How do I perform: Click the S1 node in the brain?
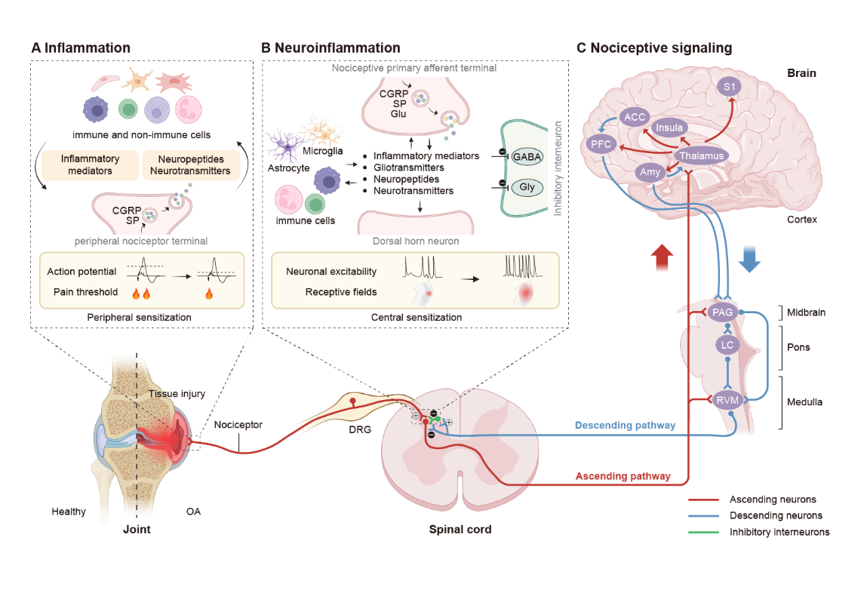[729, 87]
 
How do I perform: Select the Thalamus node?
[701, 156]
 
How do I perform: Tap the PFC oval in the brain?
[602, 144]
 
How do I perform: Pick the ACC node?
[634, 118]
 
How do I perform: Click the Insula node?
[669, 128]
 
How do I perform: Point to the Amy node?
[650, 172]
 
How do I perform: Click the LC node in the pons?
[727, 345]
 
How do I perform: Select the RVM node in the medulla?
[727, 401]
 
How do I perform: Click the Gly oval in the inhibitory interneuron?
[527, 186]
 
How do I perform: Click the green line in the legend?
[703, 532]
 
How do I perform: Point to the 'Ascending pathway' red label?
[623, 476]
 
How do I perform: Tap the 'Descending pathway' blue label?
[625, 426]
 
